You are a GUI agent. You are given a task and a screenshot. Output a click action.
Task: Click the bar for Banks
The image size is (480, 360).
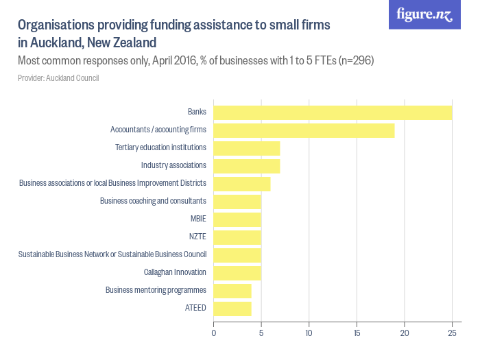333,112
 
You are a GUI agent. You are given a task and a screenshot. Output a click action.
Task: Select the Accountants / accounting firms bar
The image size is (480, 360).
304,130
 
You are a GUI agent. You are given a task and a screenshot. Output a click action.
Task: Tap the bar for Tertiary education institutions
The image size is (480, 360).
246,148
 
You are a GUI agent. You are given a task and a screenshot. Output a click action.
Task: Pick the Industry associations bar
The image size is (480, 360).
246,166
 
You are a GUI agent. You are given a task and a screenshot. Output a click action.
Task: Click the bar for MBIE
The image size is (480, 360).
237,219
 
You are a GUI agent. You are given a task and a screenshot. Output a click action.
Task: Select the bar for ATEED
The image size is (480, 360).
232,309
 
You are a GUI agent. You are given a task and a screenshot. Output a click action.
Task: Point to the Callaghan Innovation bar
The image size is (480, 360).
237,273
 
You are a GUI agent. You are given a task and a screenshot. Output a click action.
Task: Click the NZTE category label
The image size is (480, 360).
197,237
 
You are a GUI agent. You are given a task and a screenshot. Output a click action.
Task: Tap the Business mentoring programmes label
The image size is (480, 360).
156,290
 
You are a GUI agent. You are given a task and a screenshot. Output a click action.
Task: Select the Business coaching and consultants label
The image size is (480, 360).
153,201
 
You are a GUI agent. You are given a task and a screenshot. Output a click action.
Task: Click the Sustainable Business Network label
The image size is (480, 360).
112,254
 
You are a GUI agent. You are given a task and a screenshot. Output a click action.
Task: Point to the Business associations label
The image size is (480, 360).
112,183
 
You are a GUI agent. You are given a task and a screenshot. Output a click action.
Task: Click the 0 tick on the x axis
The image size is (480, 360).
214,333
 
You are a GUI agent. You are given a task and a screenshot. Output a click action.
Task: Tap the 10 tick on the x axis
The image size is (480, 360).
309,333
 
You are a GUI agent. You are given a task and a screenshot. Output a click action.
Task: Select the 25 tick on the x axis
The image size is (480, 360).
452,333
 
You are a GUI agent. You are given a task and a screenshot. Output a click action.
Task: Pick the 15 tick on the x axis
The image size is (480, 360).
357,333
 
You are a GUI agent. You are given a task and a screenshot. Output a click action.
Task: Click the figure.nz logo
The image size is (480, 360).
424,15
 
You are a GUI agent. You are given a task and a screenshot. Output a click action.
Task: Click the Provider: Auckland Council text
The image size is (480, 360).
58,78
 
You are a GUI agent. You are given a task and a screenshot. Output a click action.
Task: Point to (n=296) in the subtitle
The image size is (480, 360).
357,61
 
